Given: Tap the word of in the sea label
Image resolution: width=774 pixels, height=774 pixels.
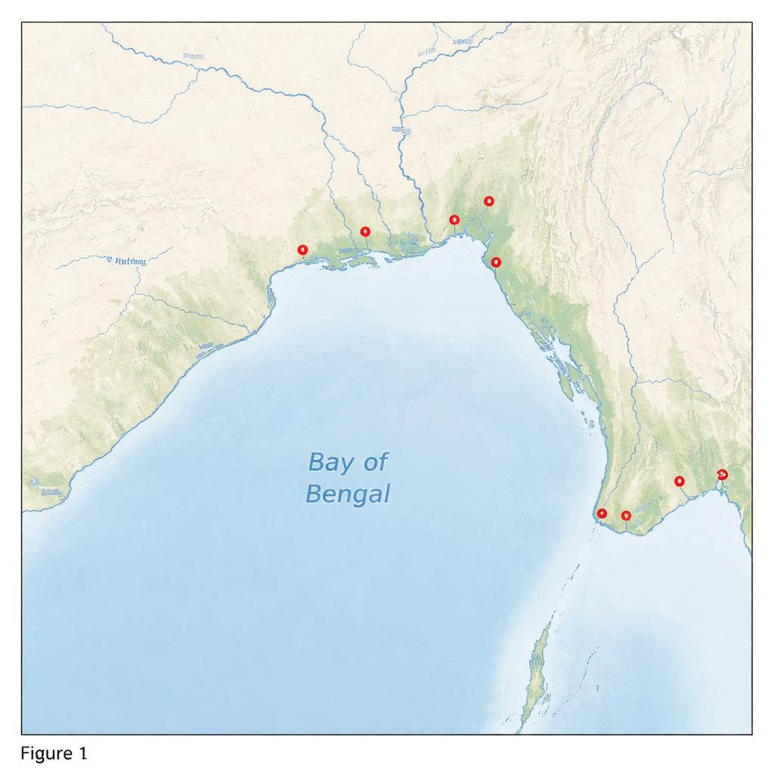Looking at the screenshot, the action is click(x=375, y=462).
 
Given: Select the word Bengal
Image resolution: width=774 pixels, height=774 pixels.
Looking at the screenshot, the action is click(x=348, y=494).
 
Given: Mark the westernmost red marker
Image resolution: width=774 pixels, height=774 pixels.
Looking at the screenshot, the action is click(x=303, y=249).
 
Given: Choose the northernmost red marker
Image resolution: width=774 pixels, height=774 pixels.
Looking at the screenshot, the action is click(x=488, y=201).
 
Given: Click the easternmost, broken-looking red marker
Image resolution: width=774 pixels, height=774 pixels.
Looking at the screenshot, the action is click(x=722, y=475).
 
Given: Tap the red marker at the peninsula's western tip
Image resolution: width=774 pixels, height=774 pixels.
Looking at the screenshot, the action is click(x=602, y=514).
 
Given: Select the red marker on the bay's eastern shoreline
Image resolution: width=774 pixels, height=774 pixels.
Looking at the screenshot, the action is click(x=496, y=262).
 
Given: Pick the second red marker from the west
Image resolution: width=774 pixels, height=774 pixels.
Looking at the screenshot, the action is click(x=365, y=231).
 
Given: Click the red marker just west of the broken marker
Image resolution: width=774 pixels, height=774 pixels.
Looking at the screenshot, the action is click(x=679, y=481).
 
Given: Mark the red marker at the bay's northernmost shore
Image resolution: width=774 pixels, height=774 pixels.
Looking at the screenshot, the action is click(x=454, y=220).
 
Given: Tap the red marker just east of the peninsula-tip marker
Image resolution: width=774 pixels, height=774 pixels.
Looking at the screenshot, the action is click(x=626, y=515).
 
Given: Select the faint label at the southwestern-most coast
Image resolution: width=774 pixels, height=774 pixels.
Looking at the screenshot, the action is click(x=51, y=492).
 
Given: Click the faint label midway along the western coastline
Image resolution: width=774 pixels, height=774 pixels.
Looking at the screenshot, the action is click(x=206, y=349).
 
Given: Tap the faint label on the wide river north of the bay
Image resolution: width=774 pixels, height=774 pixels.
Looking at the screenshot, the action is click(x=401, y=130).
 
